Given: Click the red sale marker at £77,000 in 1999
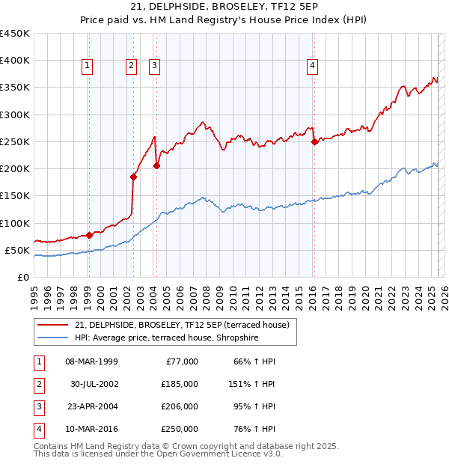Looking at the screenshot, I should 89,235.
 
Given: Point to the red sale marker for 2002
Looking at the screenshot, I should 134,177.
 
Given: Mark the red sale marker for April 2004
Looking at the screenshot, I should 156,165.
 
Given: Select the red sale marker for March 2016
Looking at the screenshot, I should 314,141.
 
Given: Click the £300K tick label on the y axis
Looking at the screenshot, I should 15,115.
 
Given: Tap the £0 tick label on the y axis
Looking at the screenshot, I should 22,277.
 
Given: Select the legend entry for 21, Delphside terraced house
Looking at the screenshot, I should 186,324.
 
